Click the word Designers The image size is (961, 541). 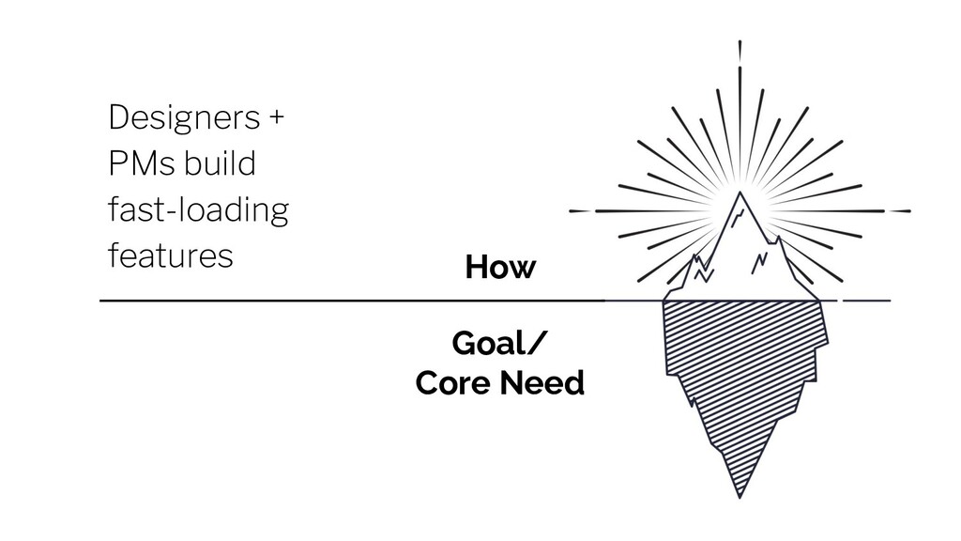pos(184,117)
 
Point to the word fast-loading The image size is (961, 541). pos(199,209)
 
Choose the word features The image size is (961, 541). pos(171,255)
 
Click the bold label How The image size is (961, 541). pos(500,267)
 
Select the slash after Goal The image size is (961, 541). pos(535,343)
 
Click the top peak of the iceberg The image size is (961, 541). pos(740,193)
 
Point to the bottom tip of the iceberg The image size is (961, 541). pos(740,497)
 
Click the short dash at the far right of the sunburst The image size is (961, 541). pos(900,211)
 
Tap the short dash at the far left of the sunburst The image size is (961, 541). pos(579,211)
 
